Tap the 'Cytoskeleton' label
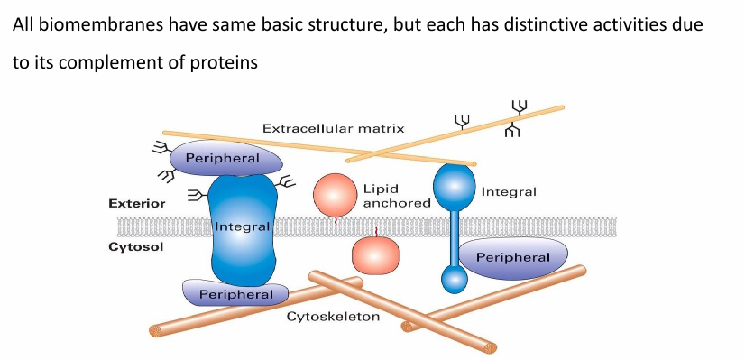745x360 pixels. [x=333, y=318]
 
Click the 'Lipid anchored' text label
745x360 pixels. [x=396, y=196]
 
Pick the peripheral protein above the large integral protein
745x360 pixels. [x=222, y=159]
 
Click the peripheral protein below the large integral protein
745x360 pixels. [x=235, y=293]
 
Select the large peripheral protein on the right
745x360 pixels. [x=512, y=257]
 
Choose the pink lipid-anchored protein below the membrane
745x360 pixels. [x=374, y=255]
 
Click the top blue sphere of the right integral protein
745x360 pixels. [x=454, y=186]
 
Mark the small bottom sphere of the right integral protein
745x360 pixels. [x=455, y=278]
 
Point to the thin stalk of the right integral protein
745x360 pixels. [x=455, y=236]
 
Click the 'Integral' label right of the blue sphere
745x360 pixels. [x=509, y=192]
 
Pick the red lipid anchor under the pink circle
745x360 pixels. [x=336, y=220]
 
